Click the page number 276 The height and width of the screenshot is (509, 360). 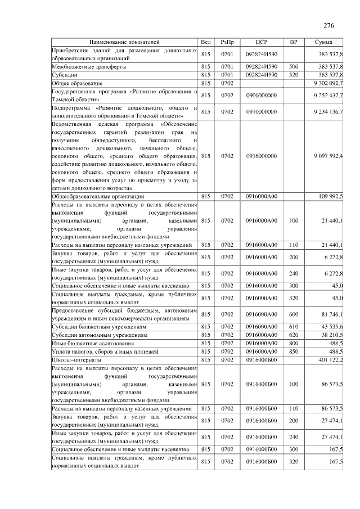329,25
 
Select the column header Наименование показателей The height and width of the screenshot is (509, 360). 124,42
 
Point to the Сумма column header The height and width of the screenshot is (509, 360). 323,42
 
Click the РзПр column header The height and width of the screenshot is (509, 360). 227,42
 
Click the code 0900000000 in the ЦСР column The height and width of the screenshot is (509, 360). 261,95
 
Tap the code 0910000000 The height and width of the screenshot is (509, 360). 261,111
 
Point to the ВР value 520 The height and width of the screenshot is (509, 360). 293,74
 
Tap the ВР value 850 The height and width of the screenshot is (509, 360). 293,351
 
